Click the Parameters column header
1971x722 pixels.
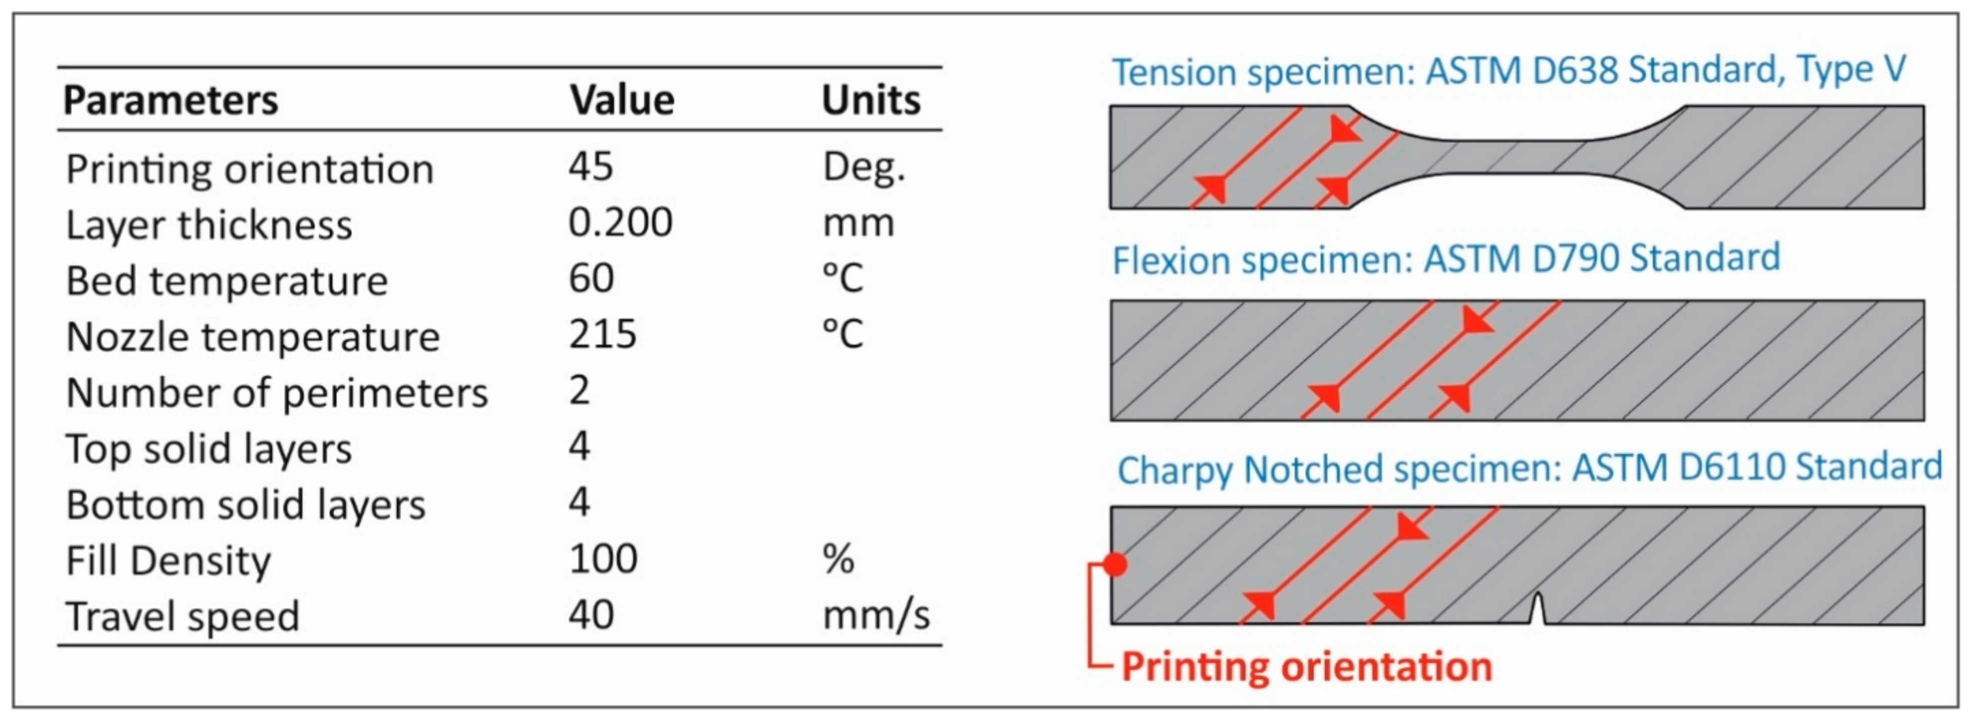click(x=170, y=100)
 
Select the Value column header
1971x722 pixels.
click(x=621, y=100)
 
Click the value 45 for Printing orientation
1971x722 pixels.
click(x=590, y=166)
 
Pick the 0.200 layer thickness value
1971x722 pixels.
click(x=620, y=222)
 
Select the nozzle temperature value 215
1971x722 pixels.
click(x=602, y=334)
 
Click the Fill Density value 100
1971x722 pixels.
click(x=603, y=558)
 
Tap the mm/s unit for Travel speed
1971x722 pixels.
click(x=875, y=615)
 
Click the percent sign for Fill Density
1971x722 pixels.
click(x=838, y=558)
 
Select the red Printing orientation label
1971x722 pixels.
click(x=1306, y=666)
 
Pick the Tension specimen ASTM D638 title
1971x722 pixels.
click(x=1508, y=71)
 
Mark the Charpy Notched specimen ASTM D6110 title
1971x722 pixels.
click(x=1529, y=468)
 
